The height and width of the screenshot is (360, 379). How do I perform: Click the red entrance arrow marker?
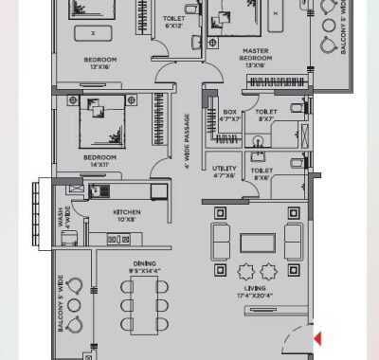pos(318,337)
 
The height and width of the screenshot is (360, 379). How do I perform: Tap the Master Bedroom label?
pos(258,58)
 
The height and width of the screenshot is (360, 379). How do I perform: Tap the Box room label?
pos(229,116)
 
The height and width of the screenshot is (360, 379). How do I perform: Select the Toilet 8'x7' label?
pos(266,116)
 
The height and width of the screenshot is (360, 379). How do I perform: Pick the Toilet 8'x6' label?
pos(262,173)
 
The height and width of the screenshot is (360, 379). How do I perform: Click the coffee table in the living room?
pos(257,242)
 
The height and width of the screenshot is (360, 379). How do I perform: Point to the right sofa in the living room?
pos(295,242)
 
